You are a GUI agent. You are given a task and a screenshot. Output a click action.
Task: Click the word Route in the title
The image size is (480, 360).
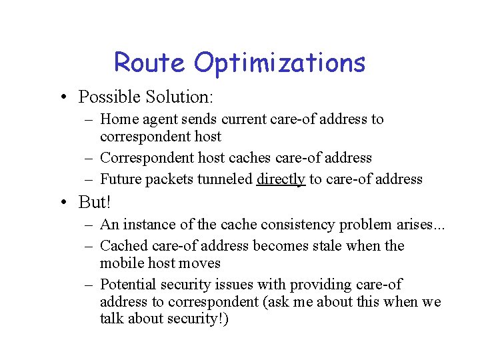pos(150,63)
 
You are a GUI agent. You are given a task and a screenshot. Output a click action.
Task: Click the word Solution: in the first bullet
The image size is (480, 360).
pos(181,97)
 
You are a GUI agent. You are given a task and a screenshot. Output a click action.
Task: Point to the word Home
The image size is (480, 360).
pos(117,120)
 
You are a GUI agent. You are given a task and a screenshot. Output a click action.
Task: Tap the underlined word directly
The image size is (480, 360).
pos(281,179)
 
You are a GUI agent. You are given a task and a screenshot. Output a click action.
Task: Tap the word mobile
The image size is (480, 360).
pos(121,263)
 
